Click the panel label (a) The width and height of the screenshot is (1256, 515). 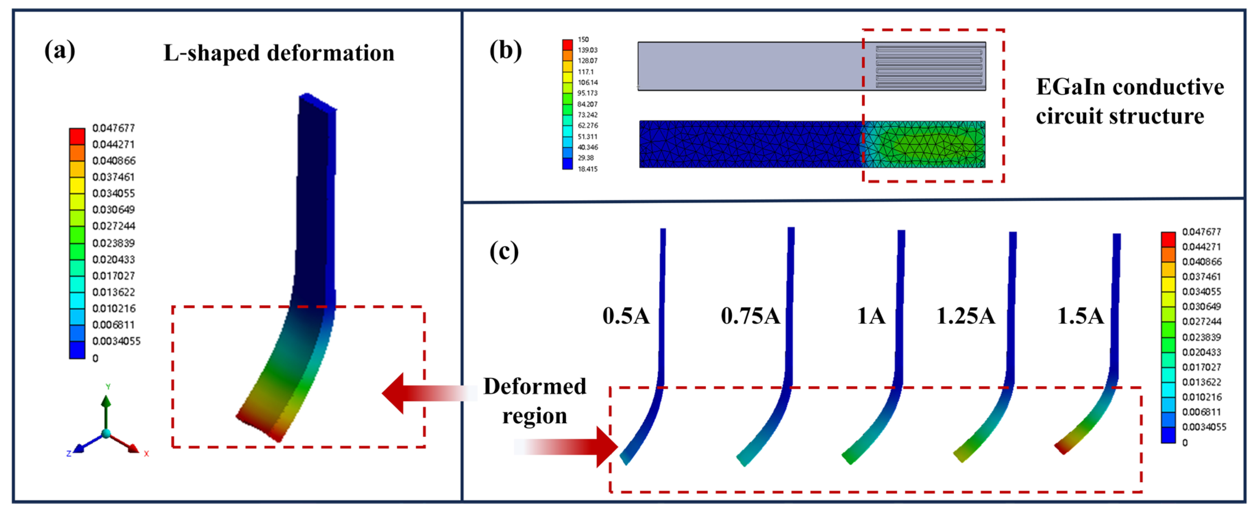pyautogui.click(x=60, y=50)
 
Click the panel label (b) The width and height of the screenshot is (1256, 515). pyautogui.click(x=505, y=50)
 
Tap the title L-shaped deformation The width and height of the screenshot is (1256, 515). pyautogui.click(x=279, y=53)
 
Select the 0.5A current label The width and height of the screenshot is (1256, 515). pyautogui.click(x=626, y=316)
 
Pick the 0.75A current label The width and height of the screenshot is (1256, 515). pyautogui.click(x=750, y=316)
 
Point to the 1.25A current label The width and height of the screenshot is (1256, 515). pyautogui.click(x=965, y=316)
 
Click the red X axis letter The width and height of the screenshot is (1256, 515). pyautogui.click(x=146, y=454)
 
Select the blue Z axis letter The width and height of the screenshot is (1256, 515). pyautogui.click(x=69, y=454)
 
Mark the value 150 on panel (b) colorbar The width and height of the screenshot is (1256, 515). pyautogui.click(x=583, y=39)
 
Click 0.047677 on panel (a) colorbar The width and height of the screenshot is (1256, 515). pyautogui.click(x=113, y=128)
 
